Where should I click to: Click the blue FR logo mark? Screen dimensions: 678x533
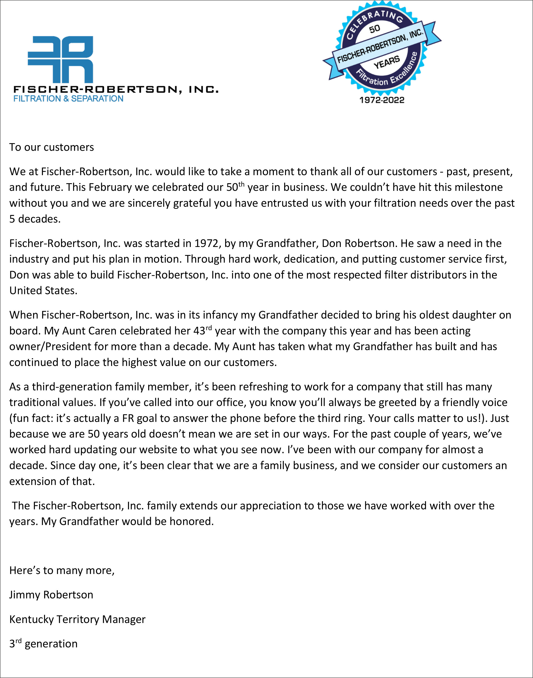pyautogui.click(x=61, y=59)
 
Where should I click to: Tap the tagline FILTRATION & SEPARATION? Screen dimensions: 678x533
pyautogui.click(x=68, y=99)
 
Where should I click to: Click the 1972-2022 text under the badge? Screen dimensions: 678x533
pyautogui.click(x=382, y=100)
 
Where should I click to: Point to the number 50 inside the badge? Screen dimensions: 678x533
pyautogui.click(x=374, y=29)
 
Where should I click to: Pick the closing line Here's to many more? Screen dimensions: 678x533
pyautogui.click(x=62, y=570)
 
